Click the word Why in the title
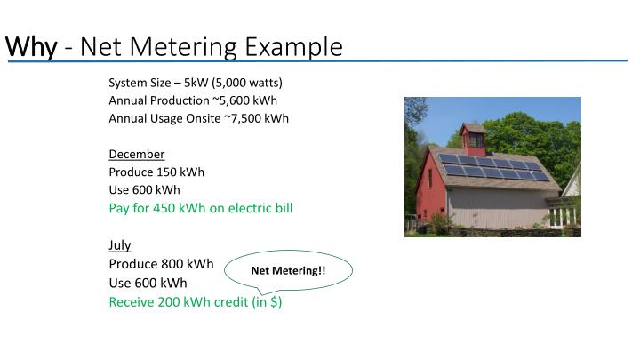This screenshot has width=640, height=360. click(x=30, y=45)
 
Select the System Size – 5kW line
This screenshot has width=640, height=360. click(x=196, y=83)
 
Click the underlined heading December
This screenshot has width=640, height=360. click(x=136, y=154)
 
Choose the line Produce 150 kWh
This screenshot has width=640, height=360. click(x=156, y=172)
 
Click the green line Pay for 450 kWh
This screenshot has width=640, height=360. click(x=200, y=208)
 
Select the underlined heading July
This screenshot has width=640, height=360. click(x=119, y=244)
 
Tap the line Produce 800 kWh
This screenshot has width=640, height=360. click(x=161, y=264)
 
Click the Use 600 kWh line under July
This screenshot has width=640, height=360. click(x=148, y=283)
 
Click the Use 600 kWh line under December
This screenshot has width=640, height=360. click(x=144, y=189)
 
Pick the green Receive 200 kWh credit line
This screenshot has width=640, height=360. click(x=196, y=301)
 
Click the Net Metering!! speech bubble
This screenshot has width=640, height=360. click(x=288, y=269)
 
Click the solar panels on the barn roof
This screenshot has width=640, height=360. click(x=494, y=167)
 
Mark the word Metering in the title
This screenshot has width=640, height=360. click(x=189, y=45)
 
